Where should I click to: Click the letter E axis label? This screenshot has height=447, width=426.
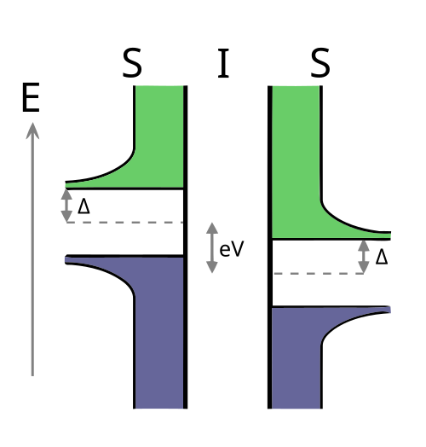pos(31,97)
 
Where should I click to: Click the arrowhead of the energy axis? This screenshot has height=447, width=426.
pos(32,131)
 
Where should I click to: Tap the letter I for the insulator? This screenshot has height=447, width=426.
pos(223,63)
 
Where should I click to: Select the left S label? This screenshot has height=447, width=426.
pos(132,63)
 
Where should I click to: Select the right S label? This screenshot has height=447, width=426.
pos(320,63)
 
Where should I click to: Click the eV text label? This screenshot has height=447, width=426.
pos(232,249)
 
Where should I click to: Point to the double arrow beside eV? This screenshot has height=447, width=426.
pos(212,247)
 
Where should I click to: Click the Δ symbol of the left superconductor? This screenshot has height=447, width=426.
pos(83,206)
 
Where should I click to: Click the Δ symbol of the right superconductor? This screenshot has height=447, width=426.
pos(382,257)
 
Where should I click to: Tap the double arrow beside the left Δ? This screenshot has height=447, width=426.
pos(66,206)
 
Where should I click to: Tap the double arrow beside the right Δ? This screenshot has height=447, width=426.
pos(364,257)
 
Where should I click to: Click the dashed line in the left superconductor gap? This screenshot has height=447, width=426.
pos(124,222)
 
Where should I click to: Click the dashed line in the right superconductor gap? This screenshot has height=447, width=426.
pos(319,273)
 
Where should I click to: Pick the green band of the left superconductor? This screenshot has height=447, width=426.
pos(158,142)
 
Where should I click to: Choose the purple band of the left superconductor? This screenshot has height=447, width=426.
pos(158,328)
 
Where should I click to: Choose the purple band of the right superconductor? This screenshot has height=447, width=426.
pos(296,357)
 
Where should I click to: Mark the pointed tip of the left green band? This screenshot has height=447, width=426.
pos(66,185)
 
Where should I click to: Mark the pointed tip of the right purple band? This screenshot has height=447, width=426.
pos(389,310)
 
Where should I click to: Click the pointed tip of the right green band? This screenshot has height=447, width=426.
pos(390,235)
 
